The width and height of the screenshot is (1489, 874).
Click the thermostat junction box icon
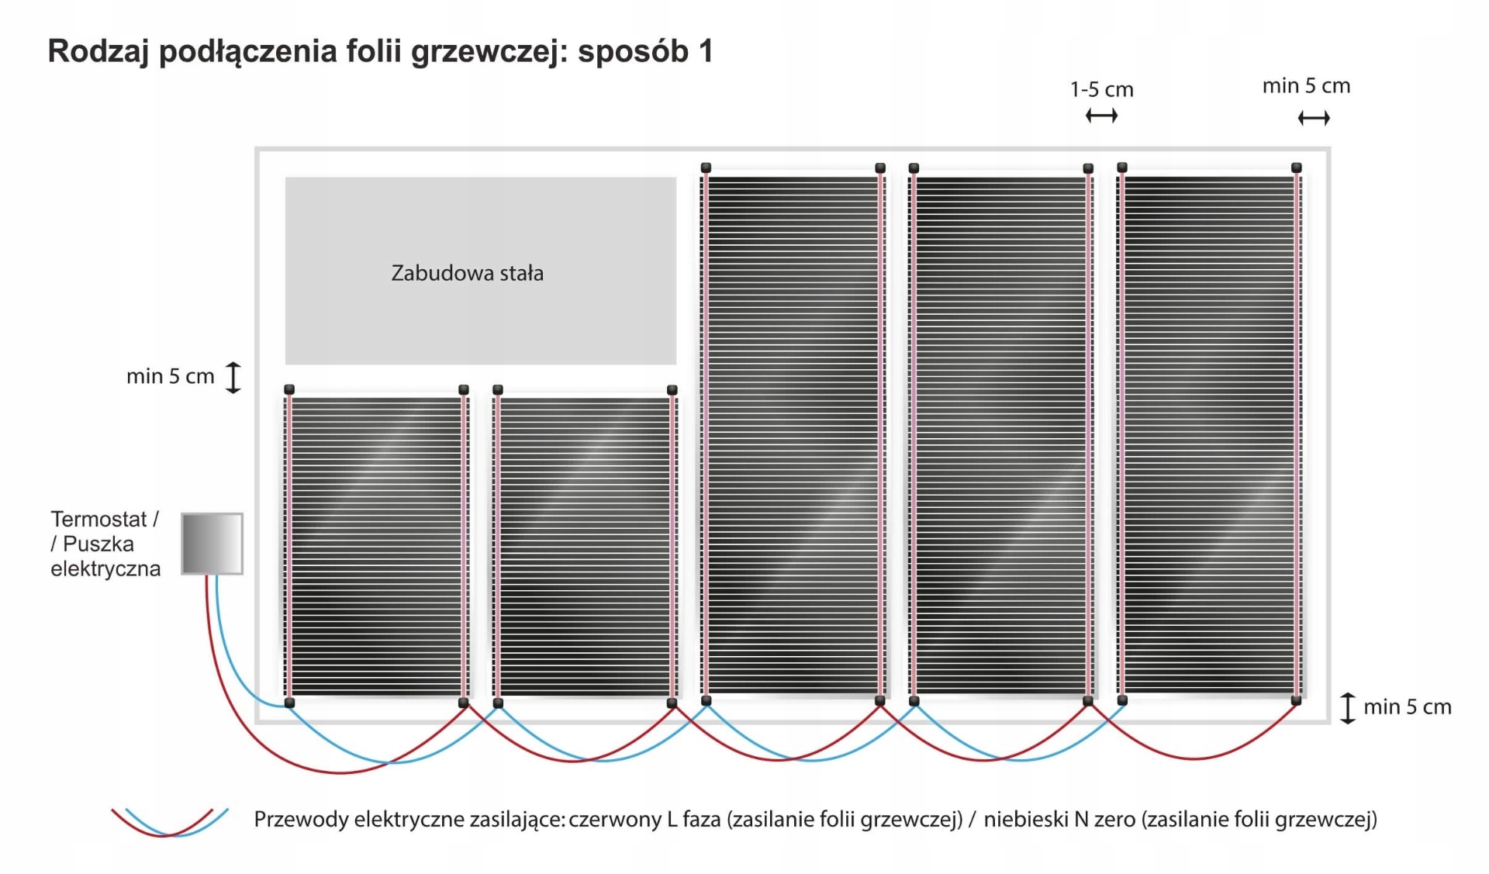(212, 544)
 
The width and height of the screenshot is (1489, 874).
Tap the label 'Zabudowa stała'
(467, 273)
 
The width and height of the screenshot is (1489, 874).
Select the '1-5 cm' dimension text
(1101, 90)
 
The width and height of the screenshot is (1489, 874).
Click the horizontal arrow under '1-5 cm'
(1101, 116)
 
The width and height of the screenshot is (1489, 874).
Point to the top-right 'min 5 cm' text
(1306, 86)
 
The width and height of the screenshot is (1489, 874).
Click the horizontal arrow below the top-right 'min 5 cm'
(1314, 118)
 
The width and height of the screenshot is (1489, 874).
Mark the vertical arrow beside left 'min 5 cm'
(233, 378)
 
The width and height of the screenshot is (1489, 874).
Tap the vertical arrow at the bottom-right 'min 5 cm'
(1348, 708)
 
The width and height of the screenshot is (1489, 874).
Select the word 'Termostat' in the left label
(98, 519)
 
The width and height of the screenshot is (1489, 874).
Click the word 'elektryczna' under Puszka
(105, 569)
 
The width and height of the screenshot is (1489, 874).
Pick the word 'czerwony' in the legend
(616, 820)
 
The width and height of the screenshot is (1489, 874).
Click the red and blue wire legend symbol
(170, 822)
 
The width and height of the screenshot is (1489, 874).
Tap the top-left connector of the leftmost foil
(289, 389)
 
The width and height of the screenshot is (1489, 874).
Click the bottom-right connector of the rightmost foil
(1296, 701)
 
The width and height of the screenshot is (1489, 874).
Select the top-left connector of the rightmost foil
(1122, 168)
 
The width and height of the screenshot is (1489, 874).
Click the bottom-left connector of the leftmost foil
(289, 703)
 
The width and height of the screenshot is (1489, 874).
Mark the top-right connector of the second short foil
(672, 390)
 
